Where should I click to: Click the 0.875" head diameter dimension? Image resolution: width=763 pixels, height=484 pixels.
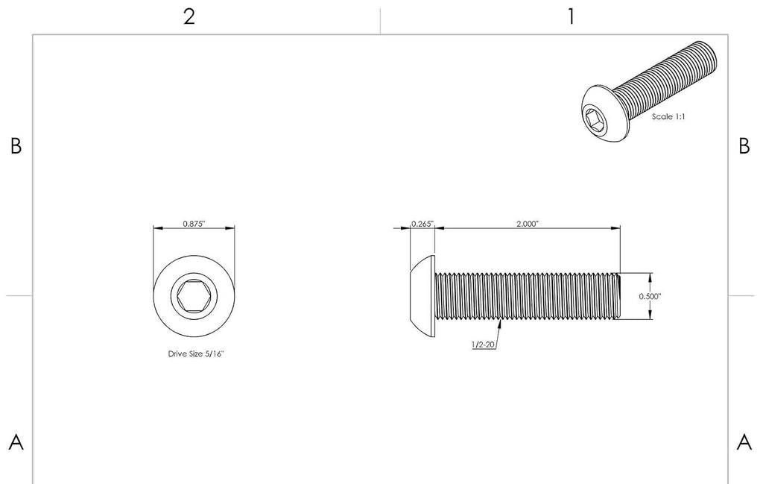pos(194,224)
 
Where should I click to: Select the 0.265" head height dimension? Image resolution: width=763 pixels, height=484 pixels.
pos(422,224)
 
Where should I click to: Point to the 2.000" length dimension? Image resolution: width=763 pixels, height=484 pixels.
pos(528,224)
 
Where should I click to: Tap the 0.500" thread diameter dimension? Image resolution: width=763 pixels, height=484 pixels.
pos(650,296)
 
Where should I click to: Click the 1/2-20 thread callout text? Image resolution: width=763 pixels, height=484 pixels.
pos(483,345)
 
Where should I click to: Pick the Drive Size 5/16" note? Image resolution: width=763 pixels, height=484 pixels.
pos(196,354)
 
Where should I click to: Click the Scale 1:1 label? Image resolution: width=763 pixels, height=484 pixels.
pos(668,117)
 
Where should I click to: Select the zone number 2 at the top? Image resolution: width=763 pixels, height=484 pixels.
pos(189,17)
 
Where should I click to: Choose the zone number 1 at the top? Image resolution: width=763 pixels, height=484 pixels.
pos(572,17)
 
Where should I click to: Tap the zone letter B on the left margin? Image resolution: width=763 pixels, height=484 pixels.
pos(16,145)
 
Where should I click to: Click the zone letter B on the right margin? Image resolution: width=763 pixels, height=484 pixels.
pos(744,145)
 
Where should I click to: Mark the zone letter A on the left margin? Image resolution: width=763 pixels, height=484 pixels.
pos(16,442)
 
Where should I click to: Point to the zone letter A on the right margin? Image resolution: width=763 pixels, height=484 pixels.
pos(744,442)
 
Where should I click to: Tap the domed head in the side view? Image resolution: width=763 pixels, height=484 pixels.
pos(422,296)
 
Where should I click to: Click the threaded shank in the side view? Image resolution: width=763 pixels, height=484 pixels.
pos(528,296)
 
